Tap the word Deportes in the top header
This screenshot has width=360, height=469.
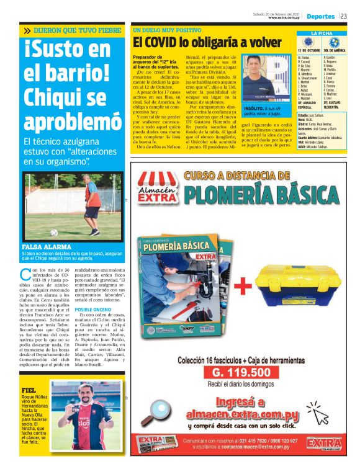point(320,16)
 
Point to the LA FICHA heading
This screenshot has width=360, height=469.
point(322,33)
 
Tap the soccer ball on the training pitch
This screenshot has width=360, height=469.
point(54,233)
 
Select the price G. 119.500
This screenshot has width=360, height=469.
point(241,373)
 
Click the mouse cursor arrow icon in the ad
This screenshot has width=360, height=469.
point(319,415)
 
